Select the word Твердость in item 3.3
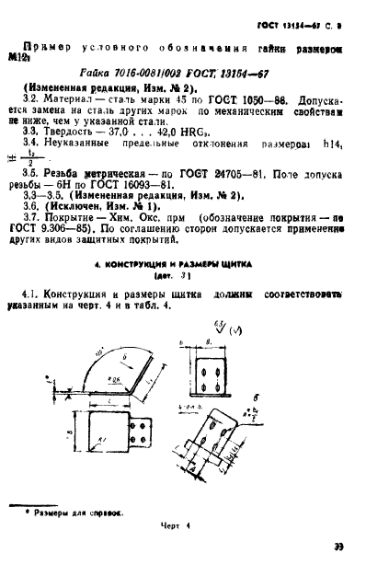(x=75, y=131)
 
